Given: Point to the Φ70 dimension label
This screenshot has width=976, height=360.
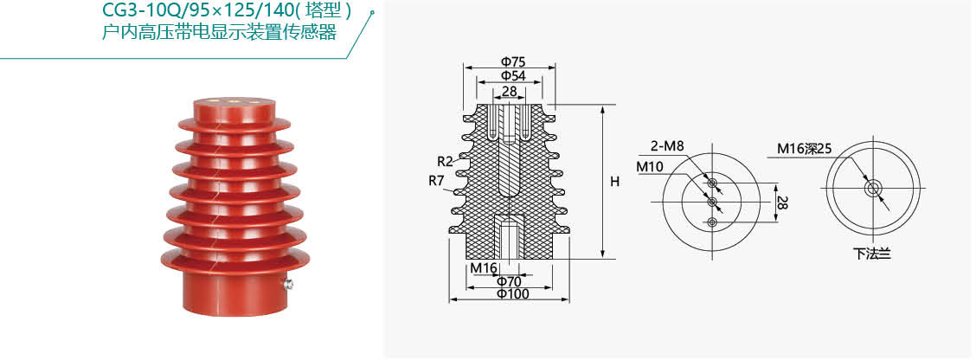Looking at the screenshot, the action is (510, 281).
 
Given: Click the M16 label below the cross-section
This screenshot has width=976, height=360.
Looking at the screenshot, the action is (483, 267).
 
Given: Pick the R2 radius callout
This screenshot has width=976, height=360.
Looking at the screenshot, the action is (445, 161).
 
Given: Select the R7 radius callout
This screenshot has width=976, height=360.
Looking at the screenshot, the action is (437, 181).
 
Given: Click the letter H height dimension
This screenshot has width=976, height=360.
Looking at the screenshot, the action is (615, 182).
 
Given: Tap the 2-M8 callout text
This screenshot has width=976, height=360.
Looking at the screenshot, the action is (669, 147).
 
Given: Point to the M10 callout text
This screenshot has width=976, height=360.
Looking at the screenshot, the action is (650, 167).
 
